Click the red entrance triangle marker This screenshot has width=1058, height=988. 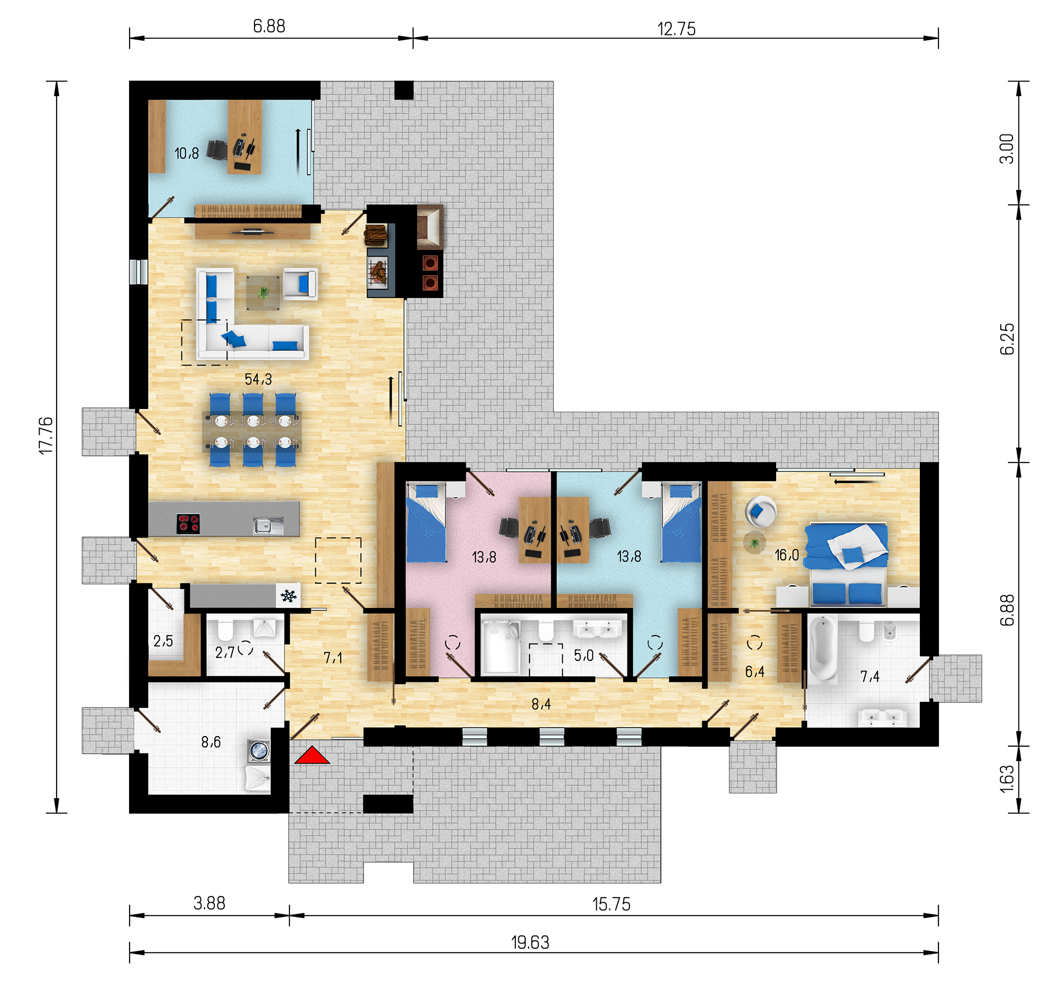point(312,756)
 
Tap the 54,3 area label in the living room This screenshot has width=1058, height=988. point(258,379)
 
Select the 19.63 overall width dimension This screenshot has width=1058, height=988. point(530,942)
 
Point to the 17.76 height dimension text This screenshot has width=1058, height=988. point(47,436)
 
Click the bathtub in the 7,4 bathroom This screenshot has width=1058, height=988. point(823,647)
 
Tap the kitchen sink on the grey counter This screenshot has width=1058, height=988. point(268,526)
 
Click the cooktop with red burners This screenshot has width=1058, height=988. point(188,524)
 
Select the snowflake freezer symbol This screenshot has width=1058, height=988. point(289,596)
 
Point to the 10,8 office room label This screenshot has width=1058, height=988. point(187,153)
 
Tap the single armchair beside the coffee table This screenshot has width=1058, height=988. point(300,283)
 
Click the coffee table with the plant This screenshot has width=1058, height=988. point(263,292)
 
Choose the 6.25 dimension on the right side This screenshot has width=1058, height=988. point(1006,339)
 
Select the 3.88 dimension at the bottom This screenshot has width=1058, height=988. point(209,903)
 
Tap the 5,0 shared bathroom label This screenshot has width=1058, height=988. point(584,655)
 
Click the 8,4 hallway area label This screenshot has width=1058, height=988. point(541,704)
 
